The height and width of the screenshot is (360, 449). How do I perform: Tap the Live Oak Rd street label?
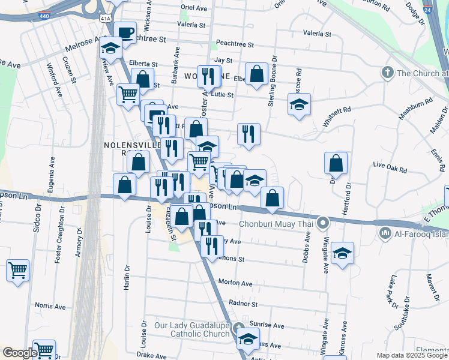390,164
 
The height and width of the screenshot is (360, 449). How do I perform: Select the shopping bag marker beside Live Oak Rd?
336,163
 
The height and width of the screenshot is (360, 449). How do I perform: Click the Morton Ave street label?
235,282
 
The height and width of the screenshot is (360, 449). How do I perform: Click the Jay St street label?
223,61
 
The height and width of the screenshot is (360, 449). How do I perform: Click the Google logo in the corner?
20,353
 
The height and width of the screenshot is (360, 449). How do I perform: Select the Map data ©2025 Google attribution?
411,355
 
